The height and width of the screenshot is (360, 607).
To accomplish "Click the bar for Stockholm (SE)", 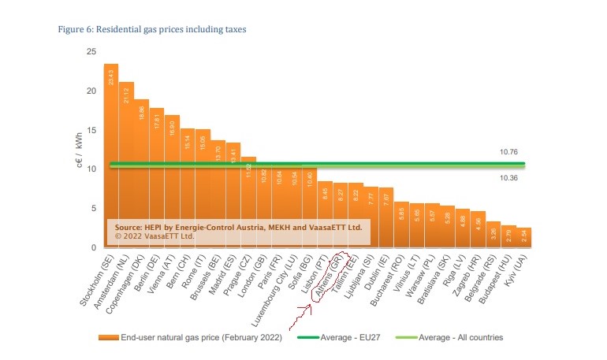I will click(x=110, y=158).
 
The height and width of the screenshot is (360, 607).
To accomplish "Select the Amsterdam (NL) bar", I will click(x=126, y=165).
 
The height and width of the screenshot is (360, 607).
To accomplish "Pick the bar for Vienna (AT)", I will click(x=172, y=181).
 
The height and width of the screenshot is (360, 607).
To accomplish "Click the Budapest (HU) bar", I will click(x=509, y=236).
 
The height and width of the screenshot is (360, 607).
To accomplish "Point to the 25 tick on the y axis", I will click(x=91, y=52).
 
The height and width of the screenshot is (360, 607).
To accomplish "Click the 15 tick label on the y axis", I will click(x=91, y=130).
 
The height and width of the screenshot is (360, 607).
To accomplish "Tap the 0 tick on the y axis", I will click(x=94, y=248).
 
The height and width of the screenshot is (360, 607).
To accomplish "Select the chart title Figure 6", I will click(x=153, y=29).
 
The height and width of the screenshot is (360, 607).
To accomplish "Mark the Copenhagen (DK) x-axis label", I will click(x=135, y=284).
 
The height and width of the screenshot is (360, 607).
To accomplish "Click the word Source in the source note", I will click(x=129, y=226).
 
